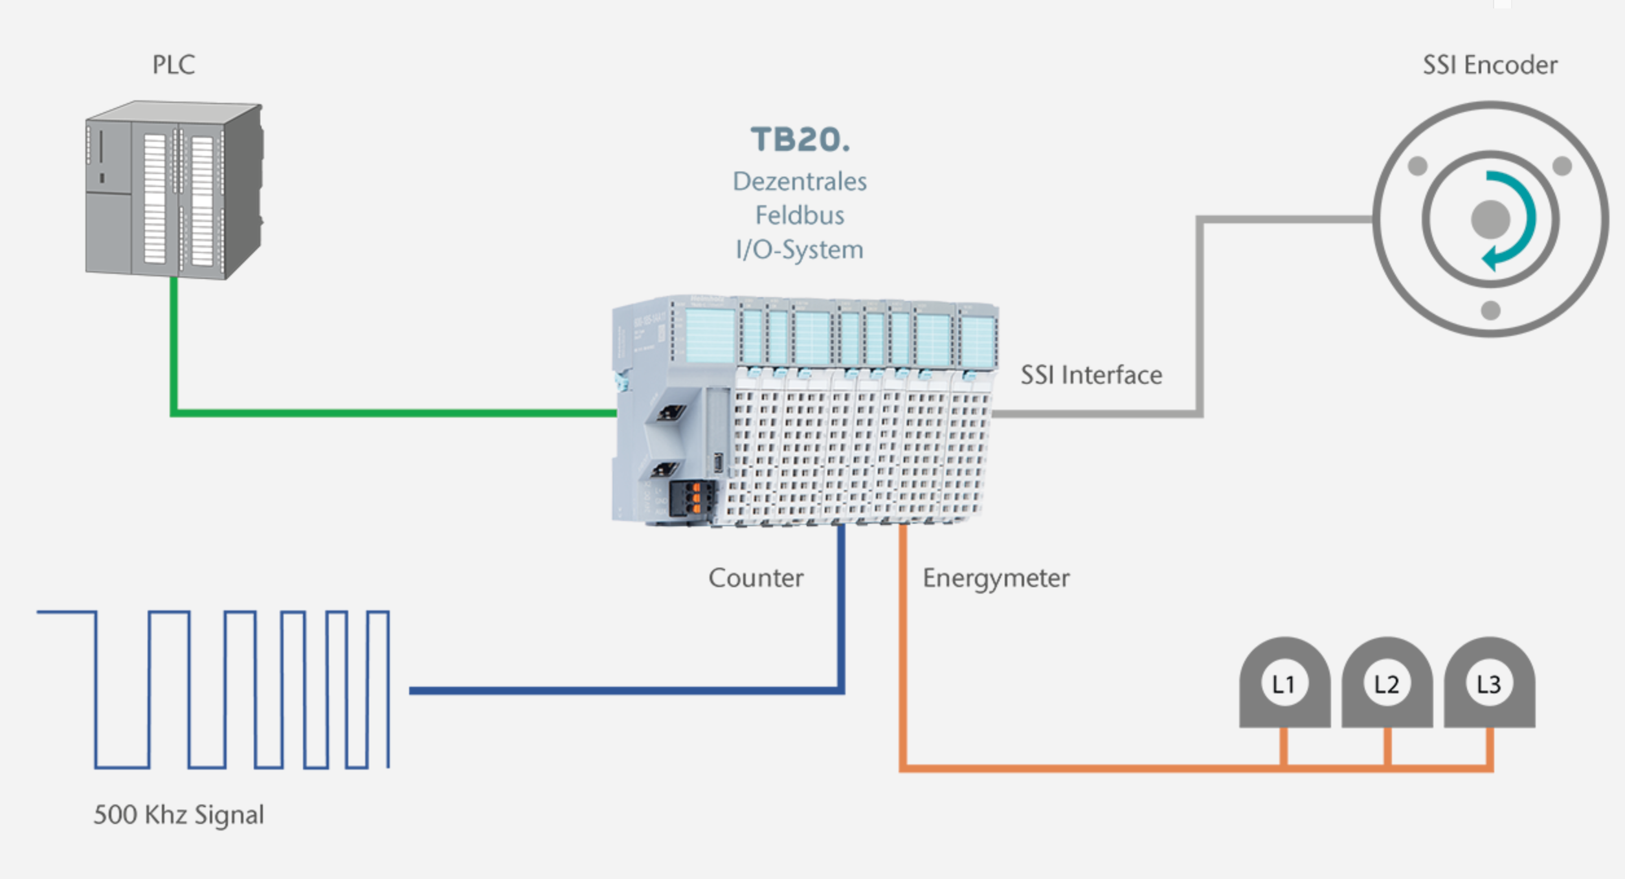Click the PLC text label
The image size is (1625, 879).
174,65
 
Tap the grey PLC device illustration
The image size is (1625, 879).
174,191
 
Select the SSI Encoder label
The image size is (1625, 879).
1490,65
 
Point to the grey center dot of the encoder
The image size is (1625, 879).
1490,219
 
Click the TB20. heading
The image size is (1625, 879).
800,140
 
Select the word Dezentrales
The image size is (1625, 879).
800,181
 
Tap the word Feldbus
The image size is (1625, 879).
800,215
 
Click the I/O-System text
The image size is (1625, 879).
800,249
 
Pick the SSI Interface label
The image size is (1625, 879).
1091,375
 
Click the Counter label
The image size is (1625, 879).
756,577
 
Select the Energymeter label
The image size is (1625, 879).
996,577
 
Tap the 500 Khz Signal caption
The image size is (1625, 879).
179,814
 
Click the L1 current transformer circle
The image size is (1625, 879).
1284,684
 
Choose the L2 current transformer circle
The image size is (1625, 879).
1387,684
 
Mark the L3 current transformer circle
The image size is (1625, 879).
1489,684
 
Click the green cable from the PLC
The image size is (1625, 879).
388,412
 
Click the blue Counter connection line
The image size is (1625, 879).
622,691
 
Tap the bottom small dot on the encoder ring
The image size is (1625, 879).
1490,311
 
